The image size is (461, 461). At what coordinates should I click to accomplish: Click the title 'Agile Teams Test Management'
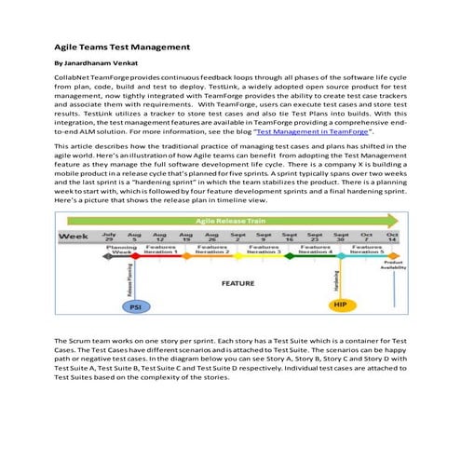(x=122, y=47)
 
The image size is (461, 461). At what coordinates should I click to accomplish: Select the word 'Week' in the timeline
(x=75, y=237)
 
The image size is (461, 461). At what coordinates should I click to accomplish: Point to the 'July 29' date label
(x=109, y=237)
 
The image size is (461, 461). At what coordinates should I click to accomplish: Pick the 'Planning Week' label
(x=120, y=251)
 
